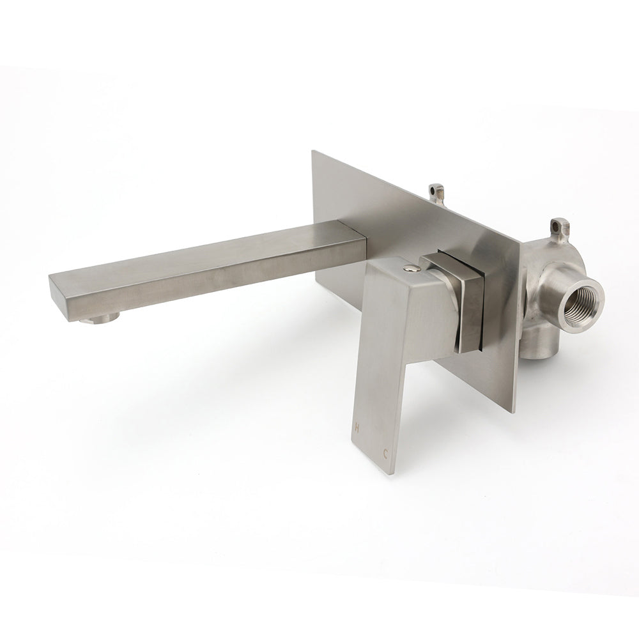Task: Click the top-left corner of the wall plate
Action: pos(312,152)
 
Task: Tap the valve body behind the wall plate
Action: pos(543,281)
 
